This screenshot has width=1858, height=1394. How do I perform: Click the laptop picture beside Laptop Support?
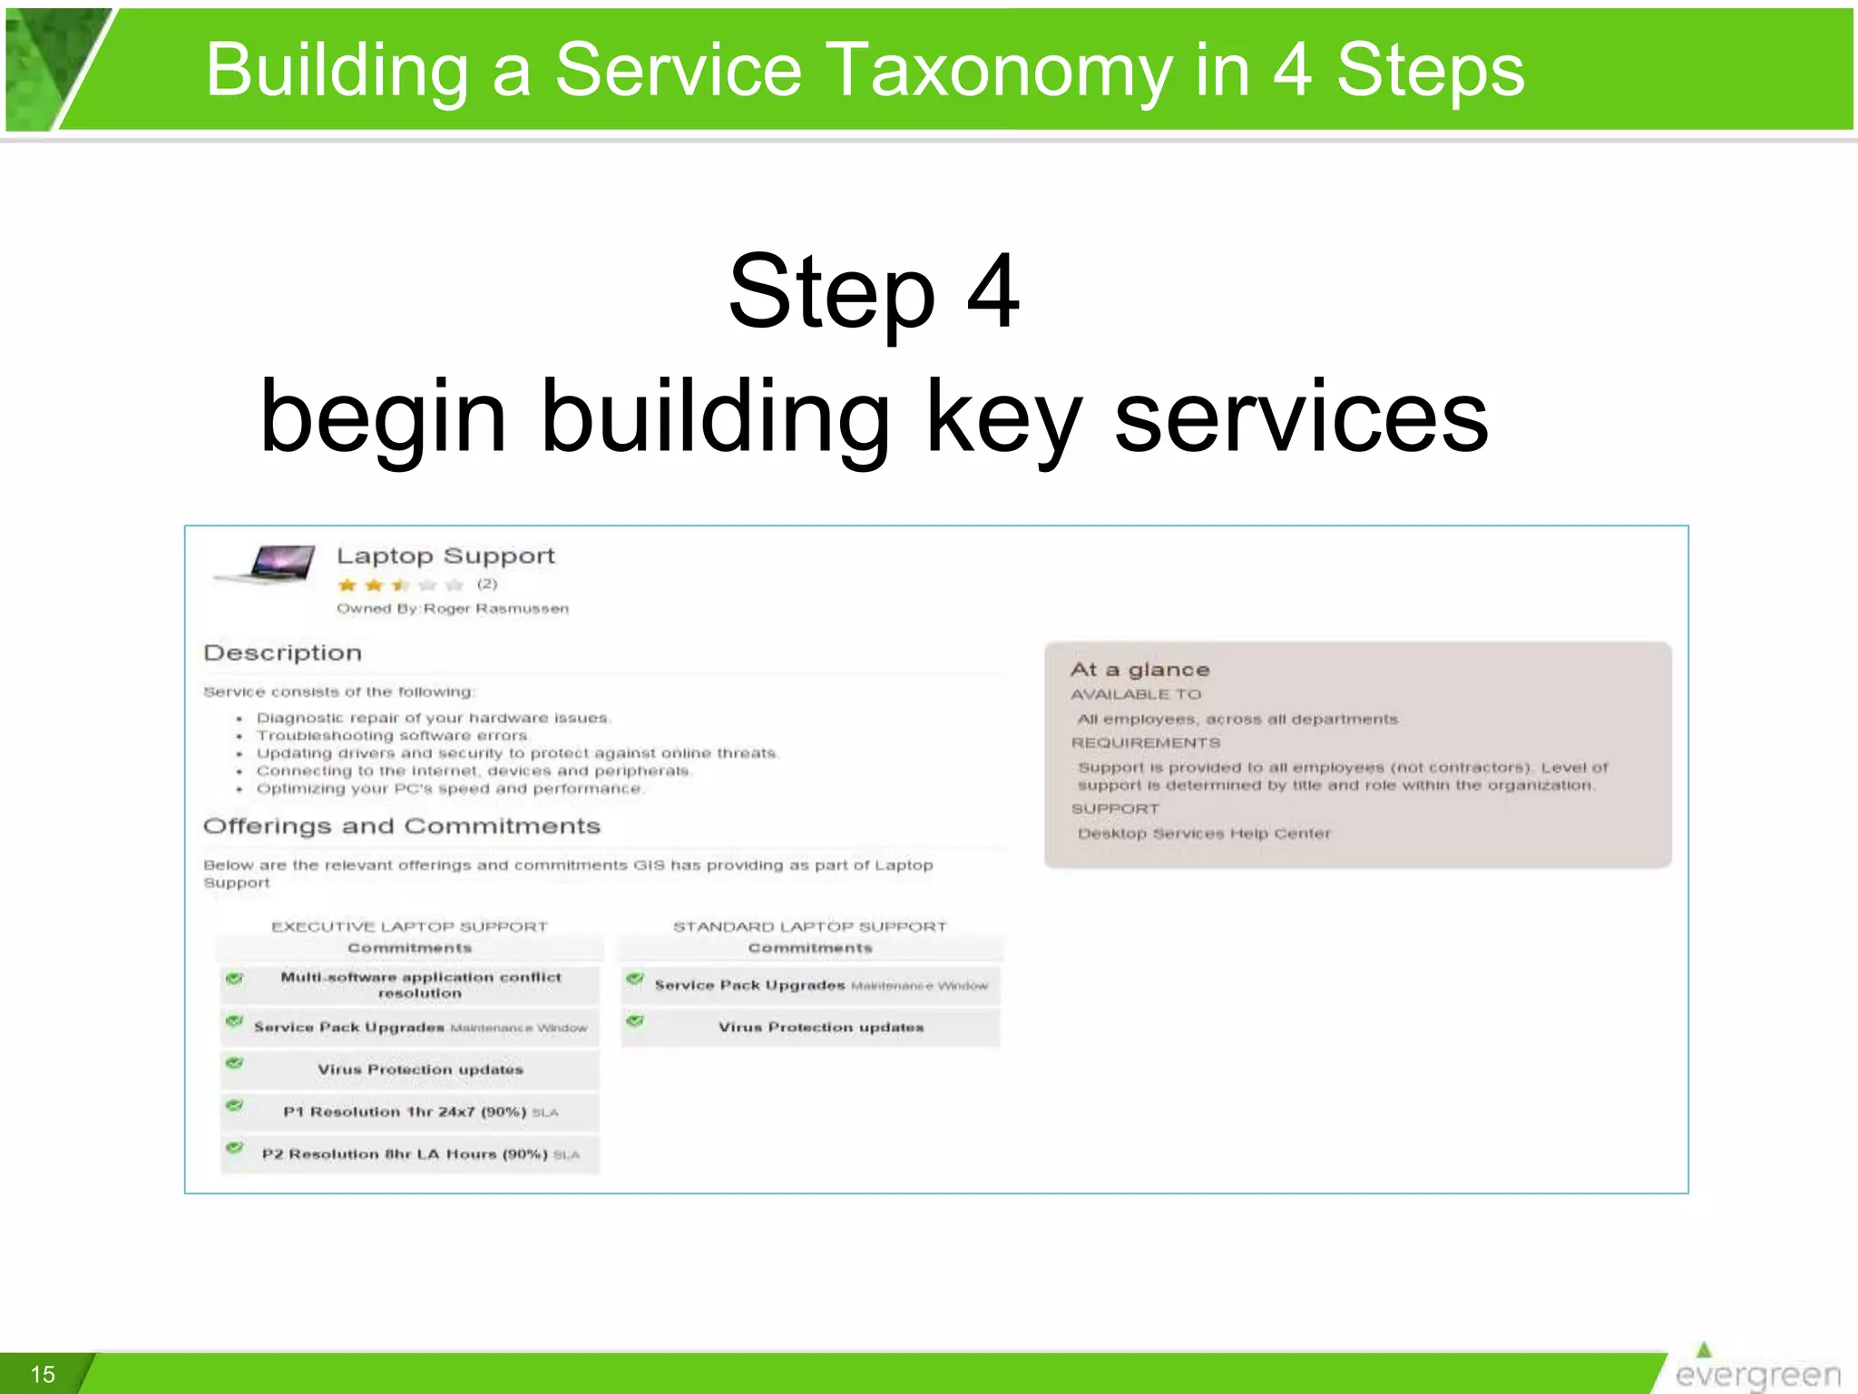coord(266,564)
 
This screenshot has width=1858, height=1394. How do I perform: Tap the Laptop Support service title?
coord(445,555)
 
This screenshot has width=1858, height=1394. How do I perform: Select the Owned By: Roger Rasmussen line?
coord(453,608)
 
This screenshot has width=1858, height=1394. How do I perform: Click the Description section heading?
coord(283,653)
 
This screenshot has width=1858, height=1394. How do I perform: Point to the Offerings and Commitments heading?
coord(402,826)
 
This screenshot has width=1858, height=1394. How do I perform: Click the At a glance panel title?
coord(1139,670)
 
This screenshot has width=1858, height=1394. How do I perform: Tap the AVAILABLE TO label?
coord(1136,694)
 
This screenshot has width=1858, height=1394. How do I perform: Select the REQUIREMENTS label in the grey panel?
coord(1146,742)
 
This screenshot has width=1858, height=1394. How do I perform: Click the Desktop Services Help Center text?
coord(1204,833)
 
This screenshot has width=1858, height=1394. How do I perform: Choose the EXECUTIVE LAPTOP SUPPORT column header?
coord(409,927)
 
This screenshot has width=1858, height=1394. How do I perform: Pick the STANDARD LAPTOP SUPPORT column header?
coord(809,927)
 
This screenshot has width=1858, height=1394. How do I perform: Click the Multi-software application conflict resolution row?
coord(420,985)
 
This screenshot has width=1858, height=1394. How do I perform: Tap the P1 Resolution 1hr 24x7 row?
coord(420,1112)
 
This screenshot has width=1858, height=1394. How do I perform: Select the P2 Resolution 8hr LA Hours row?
coord(420,1154)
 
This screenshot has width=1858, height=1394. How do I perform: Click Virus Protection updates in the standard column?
coord(821,1027)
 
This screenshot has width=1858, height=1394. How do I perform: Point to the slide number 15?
coord(43,1374)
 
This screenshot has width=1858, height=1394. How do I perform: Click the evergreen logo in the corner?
coord(1756,1369)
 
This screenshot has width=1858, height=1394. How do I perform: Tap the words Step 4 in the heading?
coord(874,292)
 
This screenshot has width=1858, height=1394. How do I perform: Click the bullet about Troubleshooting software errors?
coord(391,735)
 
